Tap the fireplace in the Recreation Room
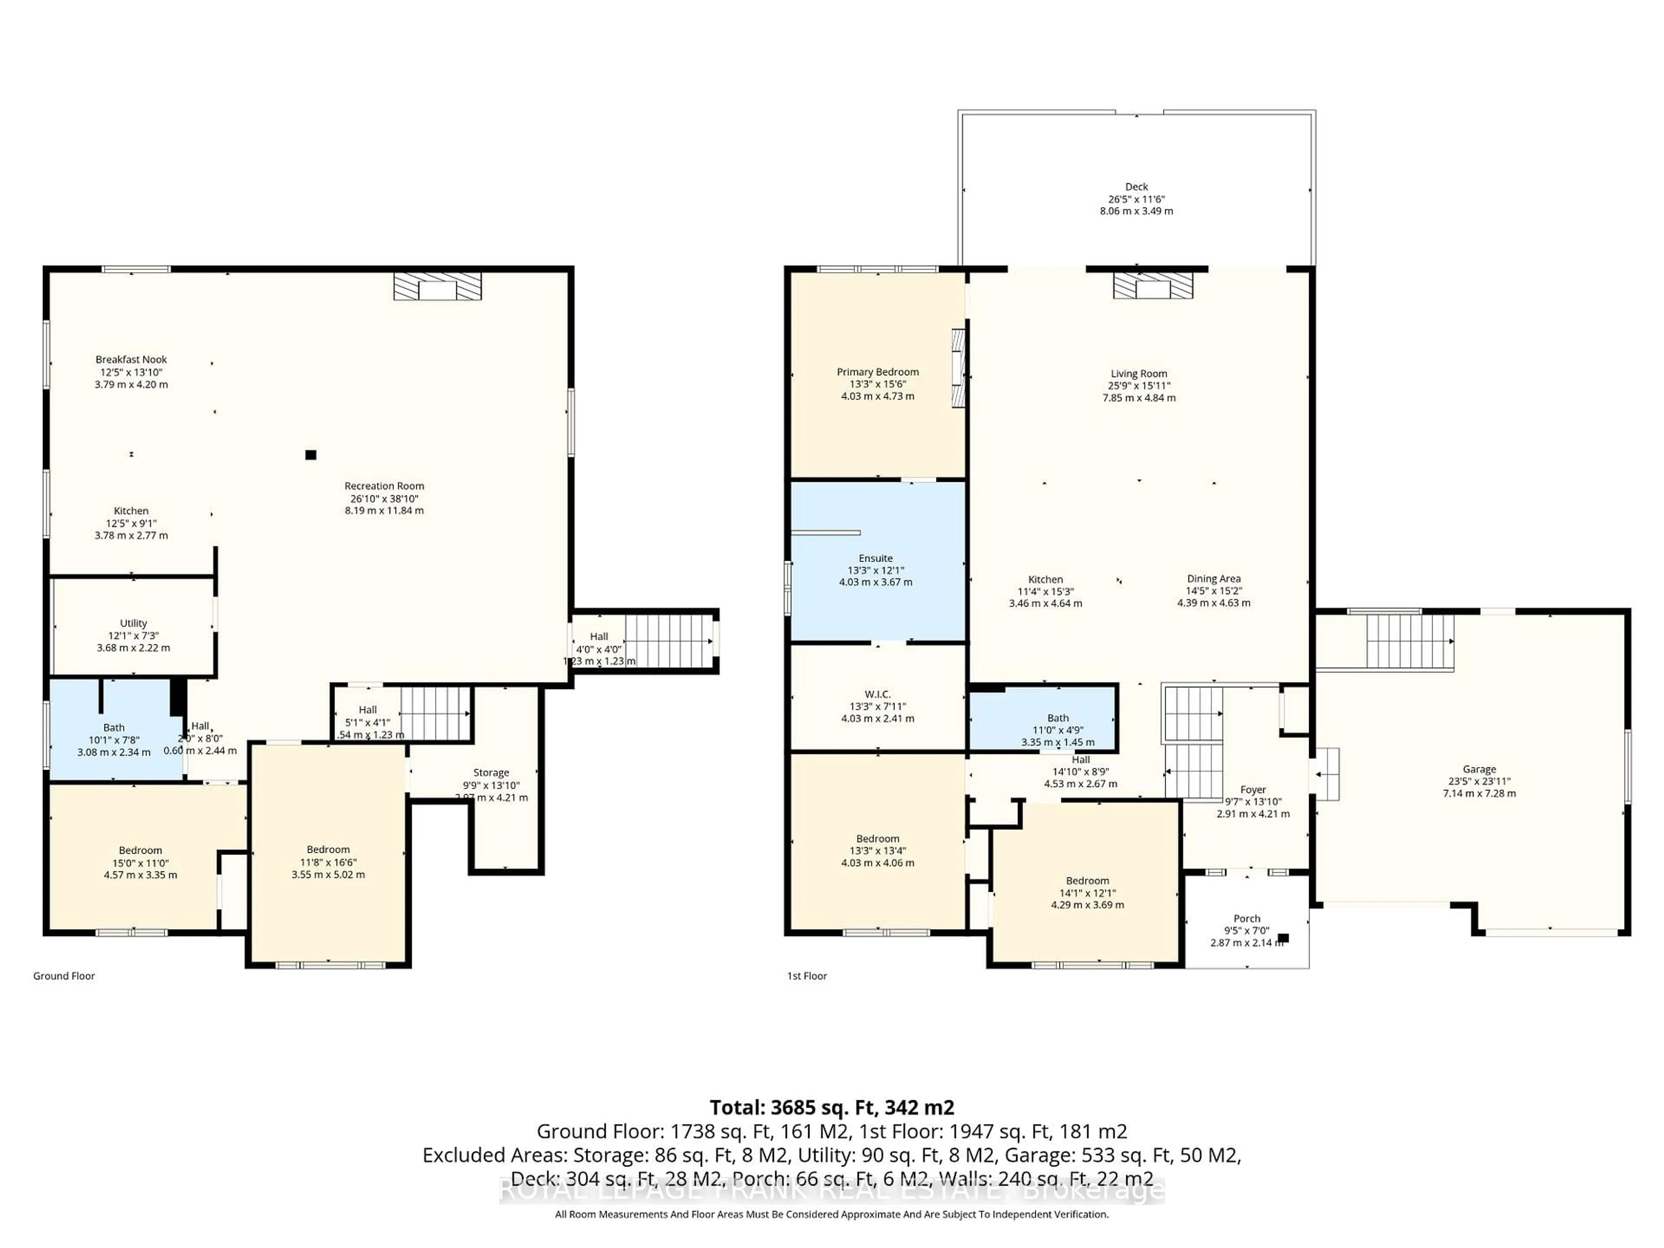(x=437, y=286)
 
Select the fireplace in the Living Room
(x=1153, y=286)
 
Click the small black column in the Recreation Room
(x=311, y=455)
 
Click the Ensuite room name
(x=876, y=558)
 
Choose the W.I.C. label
(x=877, y=694)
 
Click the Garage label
(x=1479, y=769)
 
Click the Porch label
(x=1247, y=919)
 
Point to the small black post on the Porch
(x=1284, y=938)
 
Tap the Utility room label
(x=133, y=623)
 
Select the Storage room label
(x=491, y=773)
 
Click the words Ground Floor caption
(x=64, y=976)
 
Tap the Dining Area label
(x=1213, y=578)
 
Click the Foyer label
(x=1252, y=790)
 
